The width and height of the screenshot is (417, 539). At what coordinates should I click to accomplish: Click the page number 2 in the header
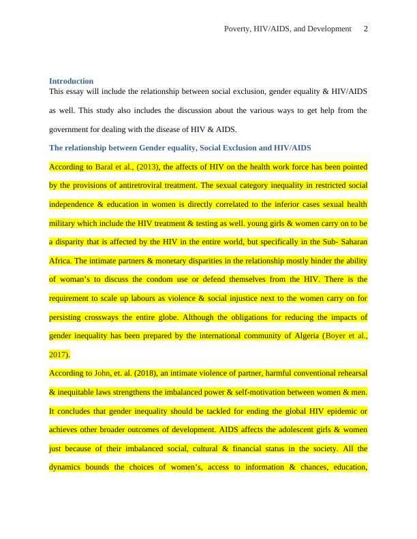point(366,29)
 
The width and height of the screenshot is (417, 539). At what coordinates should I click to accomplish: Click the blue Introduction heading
point(71,81)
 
